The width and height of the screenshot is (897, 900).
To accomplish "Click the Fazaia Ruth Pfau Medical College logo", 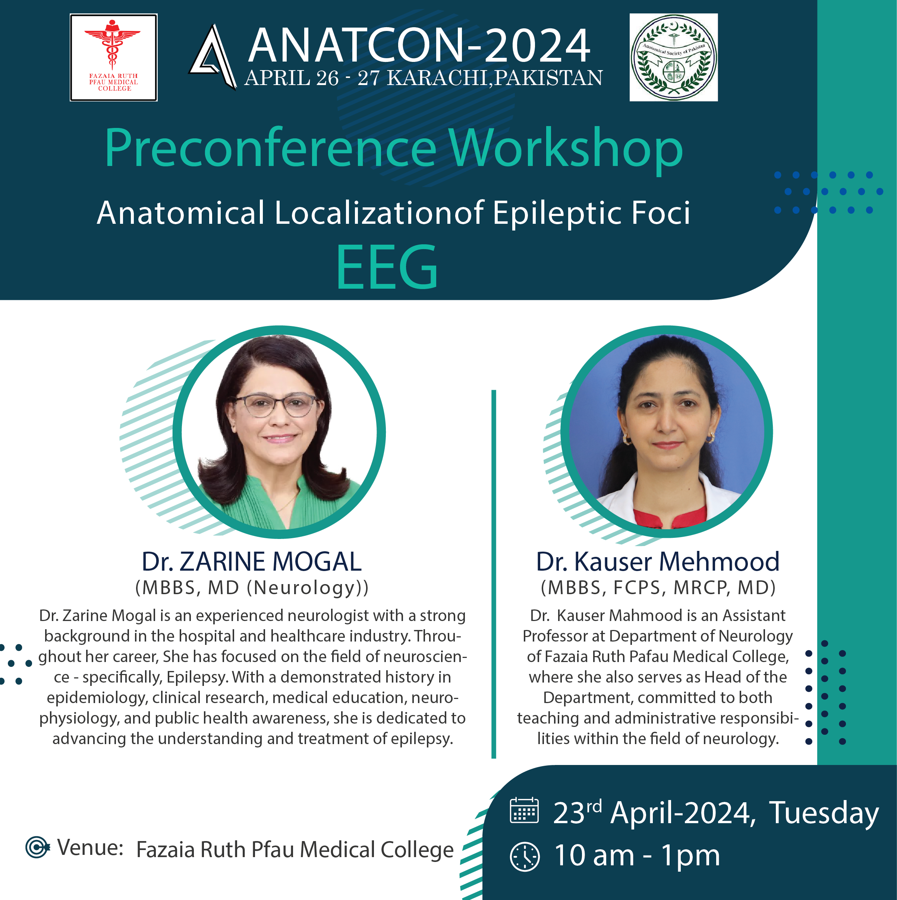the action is click(x=114, y=57).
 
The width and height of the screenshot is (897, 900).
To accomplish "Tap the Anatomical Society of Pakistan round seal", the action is click(x=673, y=57).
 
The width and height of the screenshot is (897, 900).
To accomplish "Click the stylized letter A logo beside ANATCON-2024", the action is click(x=213, y=57).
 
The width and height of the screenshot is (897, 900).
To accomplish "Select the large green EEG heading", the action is click(x=387, y=267).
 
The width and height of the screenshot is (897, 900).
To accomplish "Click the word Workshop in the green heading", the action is click(x=566, y=148).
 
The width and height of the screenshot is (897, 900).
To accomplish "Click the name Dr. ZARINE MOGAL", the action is click(x=252, y=561).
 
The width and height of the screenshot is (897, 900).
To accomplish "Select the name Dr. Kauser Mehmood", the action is click(x=658, y=561).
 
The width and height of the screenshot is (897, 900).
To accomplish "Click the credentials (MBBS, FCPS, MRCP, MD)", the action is click(x=658, y=588).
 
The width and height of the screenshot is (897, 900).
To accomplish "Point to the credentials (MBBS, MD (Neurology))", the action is click(x=252, y=588).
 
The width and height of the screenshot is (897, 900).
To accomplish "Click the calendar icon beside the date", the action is click(x=525, y=810).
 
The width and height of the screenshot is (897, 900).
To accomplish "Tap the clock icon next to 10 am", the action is click(x=525, y=856).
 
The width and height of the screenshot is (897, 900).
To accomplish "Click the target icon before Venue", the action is click(x=37, y=847).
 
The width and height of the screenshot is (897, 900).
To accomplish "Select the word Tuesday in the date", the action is click(x=824, y=813).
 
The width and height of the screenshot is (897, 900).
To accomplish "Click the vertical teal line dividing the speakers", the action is click(x=494, y=574).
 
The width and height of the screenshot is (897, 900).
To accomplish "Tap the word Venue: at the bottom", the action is click(x=90, y=847).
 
